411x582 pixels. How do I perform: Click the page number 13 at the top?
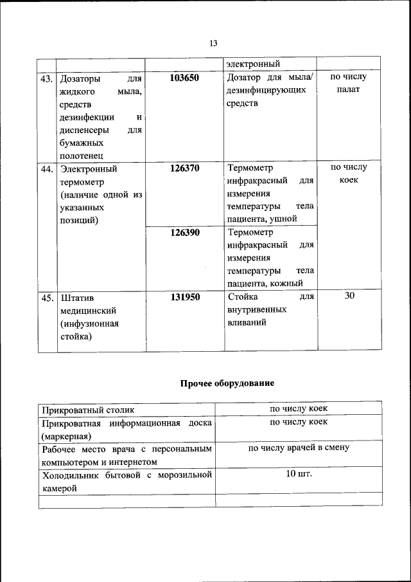pos(213,44)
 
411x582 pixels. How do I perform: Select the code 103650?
pos(185,78)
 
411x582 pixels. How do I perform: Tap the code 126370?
pos(185,168)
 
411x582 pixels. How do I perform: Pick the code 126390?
pos(185,233)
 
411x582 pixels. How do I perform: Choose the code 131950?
pos(185,297)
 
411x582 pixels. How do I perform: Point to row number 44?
pos(47,170)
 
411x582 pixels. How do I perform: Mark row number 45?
pos(47,298)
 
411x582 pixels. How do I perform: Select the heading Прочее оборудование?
pos(227,383)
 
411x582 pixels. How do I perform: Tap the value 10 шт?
pos(299,474)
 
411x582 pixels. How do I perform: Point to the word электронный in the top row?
pos(252,64)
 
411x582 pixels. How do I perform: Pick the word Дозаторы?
pos(80,79)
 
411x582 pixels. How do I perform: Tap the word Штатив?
pos(76,298)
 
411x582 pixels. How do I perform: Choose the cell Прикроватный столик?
pos(89,409)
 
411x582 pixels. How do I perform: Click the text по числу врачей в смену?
pos(299,448)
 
